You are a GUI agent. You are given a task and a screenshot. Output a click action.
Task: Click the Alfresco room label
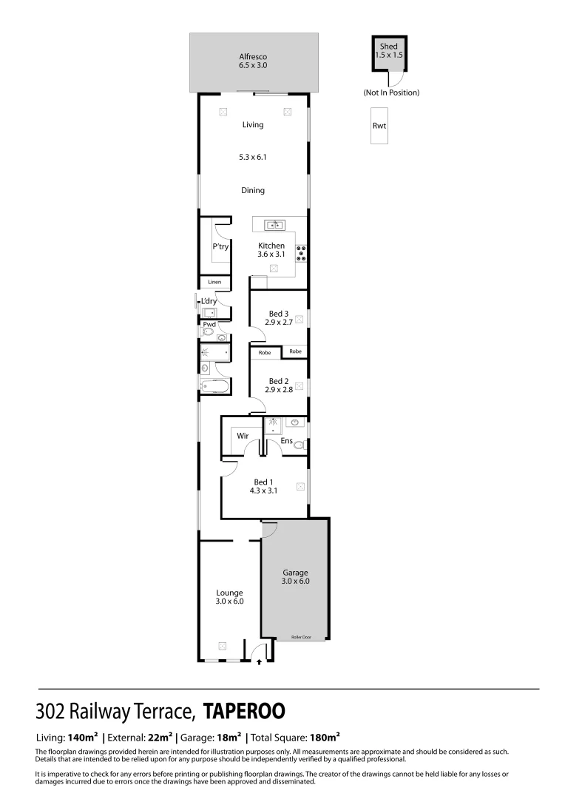[252, 56]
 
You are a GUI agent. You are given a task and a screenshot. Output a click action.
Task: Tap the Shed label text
[388, 47]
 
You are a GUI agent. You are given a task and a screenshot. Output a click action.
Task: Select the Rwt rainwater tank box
[379, 126]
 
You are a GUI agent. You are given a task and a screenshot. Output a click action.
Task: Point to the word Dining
[253, 191]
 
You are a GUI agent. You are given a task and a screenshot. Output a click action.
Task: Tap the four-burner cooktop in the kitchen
[302, 253]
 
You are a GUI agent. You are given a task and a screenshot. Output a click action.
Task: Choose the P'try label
[219, 246]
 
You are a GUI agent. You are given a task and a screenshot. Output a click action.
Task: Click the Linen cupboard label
[214, 282]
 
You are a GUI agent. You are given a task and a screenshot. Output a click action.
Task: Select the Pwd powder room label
[209, 324]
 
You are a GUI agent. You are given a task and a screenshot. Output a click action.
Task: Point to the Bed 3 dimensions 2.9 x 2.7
[278, 323]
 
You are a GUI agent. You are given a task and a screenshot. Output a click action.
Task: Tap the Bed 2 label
[278, 381]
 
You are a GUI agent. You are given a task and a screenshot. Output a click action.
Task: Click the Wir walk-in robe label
[242, 436]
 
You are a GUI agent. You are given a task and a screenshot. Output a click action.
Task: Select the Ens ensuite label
[286, 441]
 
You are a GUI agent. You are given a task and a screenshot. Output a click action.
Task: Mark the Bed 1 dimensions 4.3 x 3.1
[263, 490]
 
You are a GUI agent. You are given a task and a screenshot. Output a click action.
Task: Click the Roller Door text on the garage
[301, 637]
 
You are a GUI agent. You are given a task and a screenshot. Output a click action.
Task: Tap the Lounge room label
[229, 593]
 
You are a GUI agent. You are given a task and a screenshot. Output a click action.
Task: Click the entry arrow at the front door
[259, 662]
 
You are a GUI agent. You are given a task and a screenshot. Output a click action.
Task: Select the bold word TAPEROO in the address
[244, 711]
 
